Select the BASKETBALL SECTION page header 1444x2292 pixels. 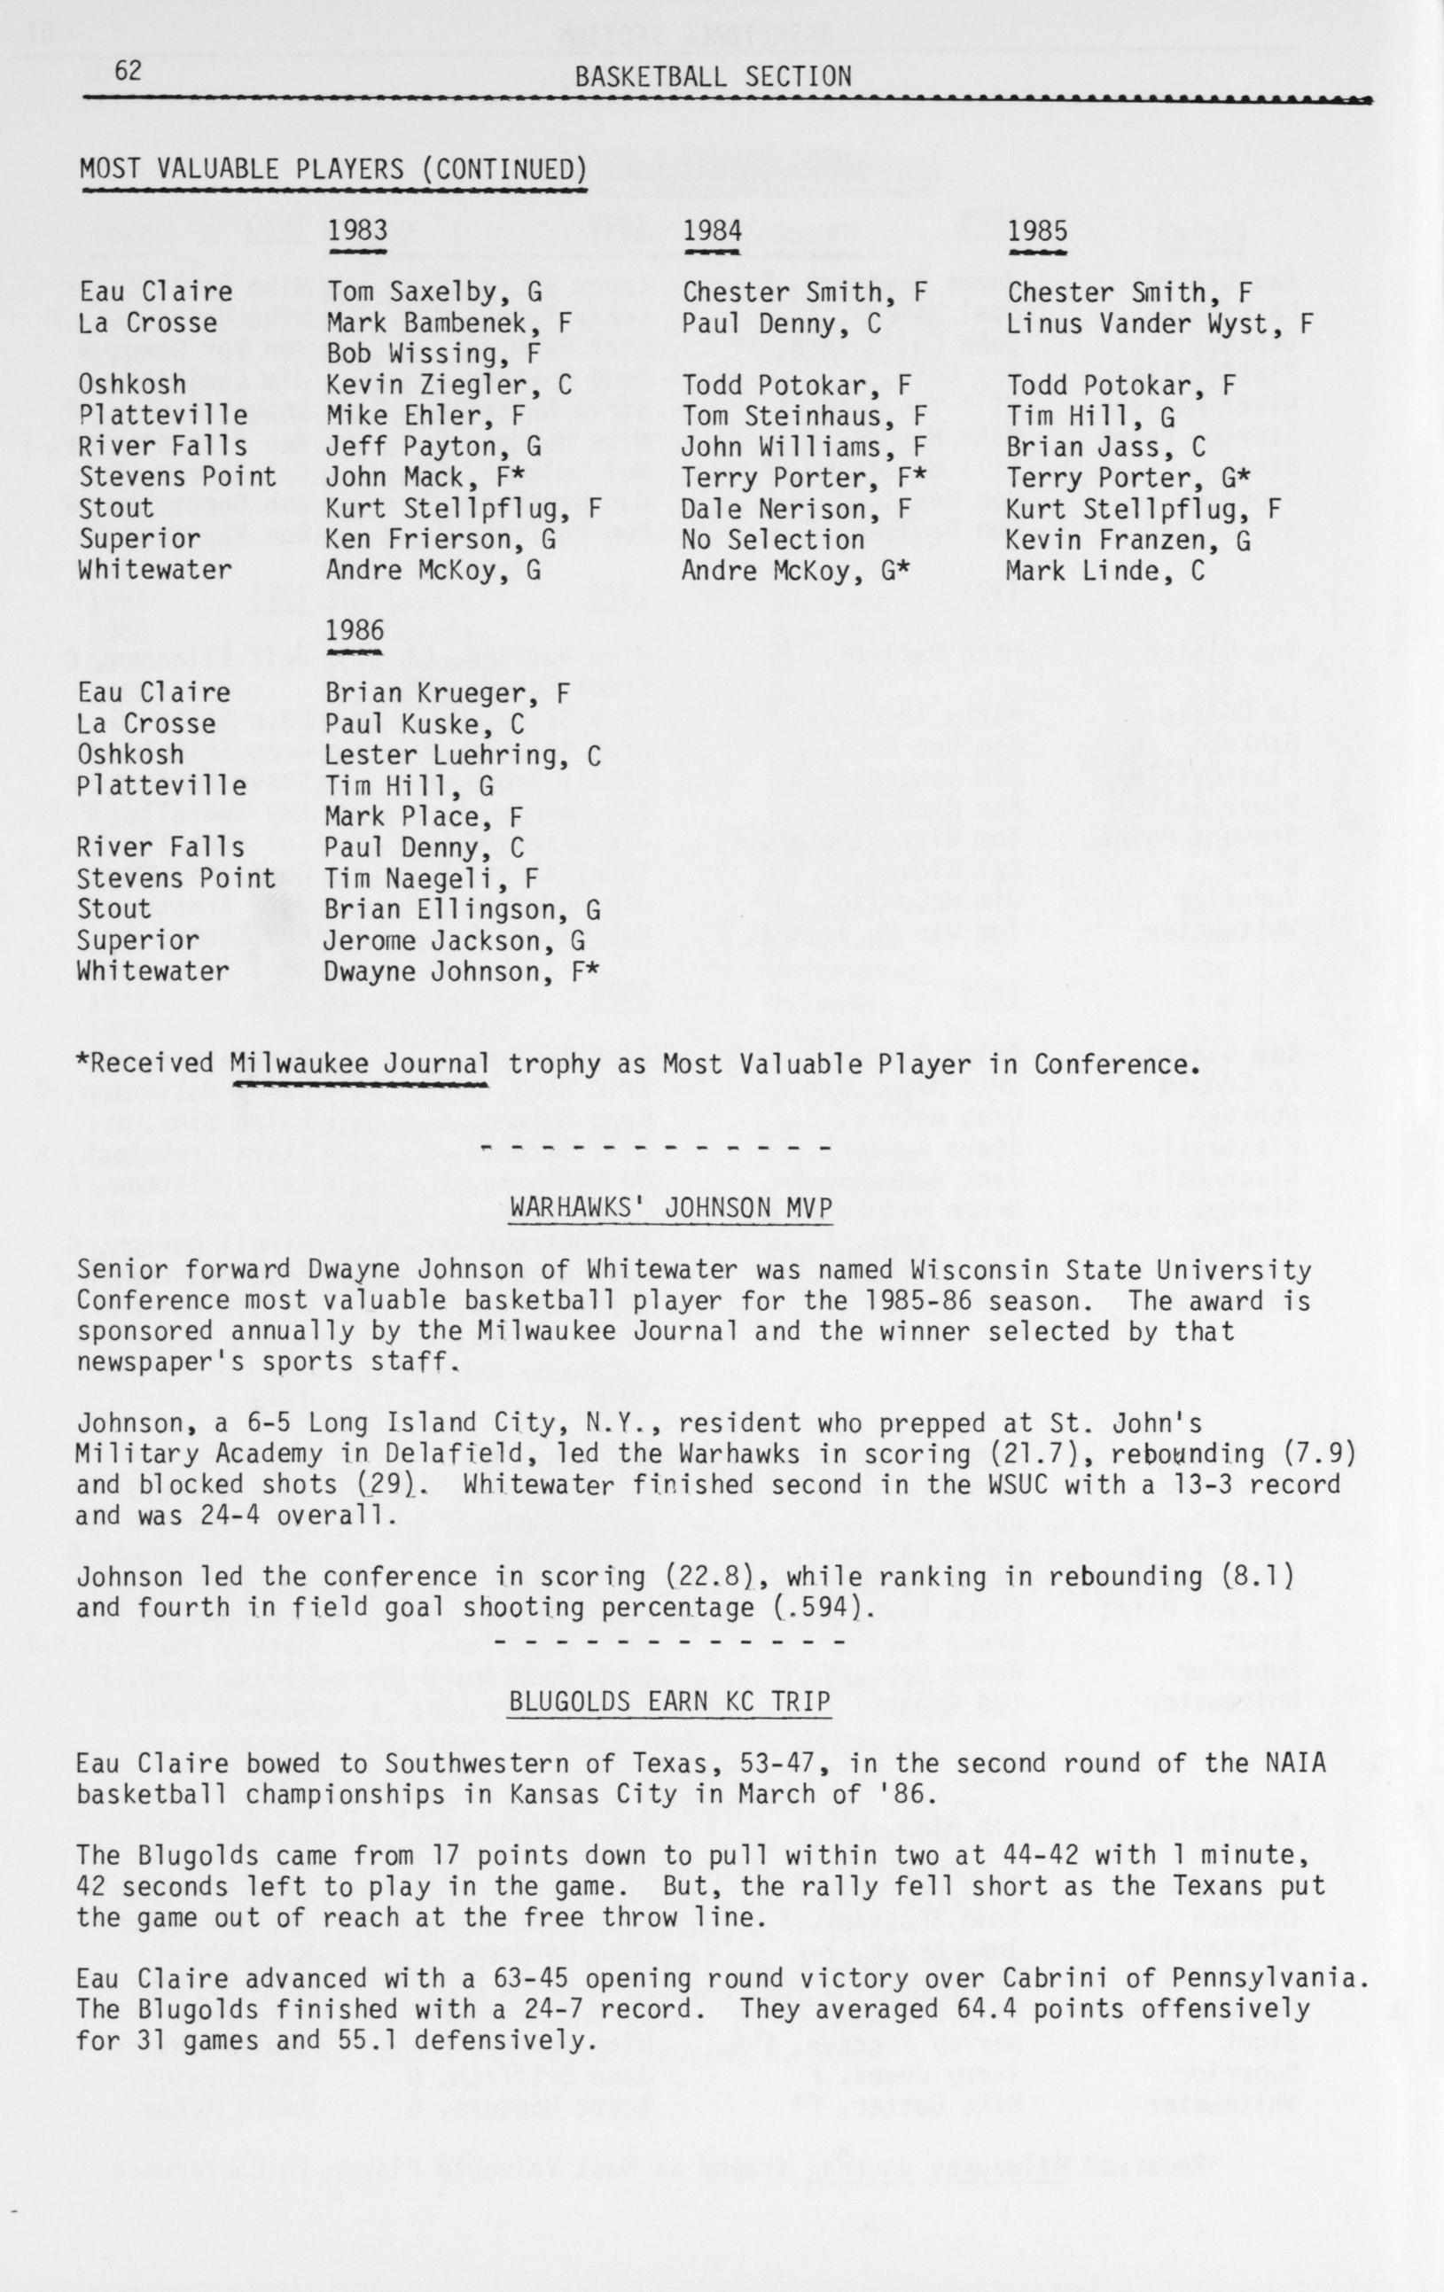[713, 78]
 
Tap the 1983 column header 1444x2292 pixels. [357, 231]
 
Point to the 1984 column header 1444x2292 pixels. [713, 231]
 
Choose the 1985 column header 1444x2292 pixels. [1037, 231]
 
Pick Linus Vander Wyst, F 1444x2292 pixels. [1159, 324]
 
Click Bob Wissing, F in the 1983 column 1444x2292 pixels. [433, 354]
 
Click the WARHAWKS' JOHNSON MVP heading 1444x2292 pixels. [671, 1208]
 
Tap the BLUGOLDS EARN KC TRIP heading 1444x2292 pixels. [670, 1701]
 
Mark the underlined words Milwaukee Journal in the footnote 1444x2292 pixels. [360, 1064]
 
